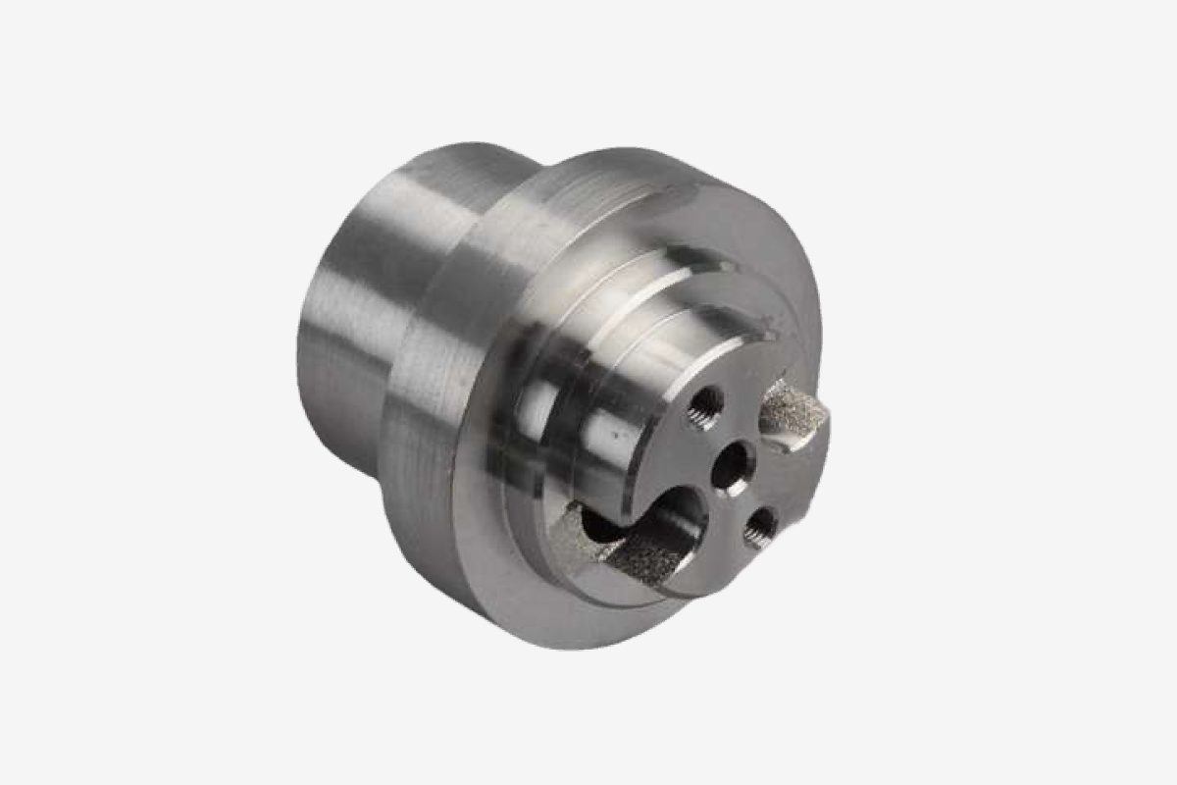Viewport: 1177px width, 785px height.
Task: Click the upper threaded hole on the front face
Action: (705, 402)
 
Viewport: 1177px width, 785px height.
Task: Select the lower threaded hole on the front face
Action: (759, 528)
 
